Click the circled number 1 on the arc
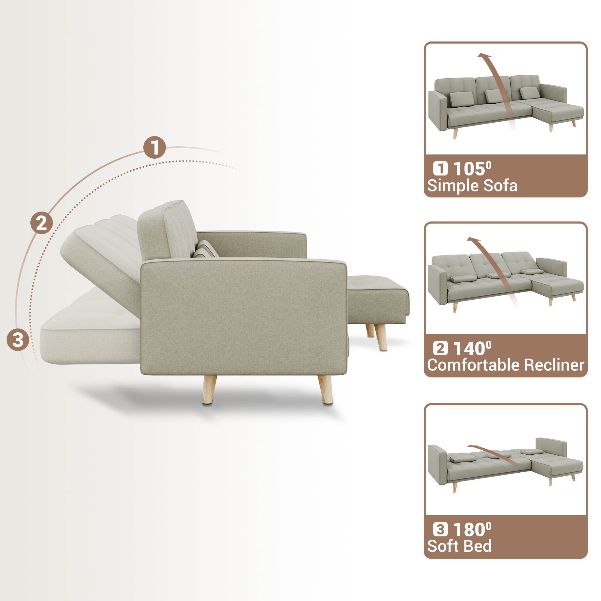[x=154, y=148]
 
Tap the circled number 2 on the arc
[x=41, y=223]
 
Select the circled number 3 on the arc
[x=18, y=340]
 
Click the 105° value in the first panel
[x=472, y=169]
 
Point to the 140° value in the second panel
[x=472, y=348]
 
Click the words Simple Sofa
[x=472, y=186]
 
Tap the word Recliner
[x=554, y=365]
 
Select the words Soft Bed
[x=459, y=546]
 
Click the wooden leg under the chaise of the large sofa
[x=381, y=337]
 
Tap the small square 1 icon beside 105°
[x=441, y=169]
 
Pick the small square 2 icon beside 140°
[x=441, y=348]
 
